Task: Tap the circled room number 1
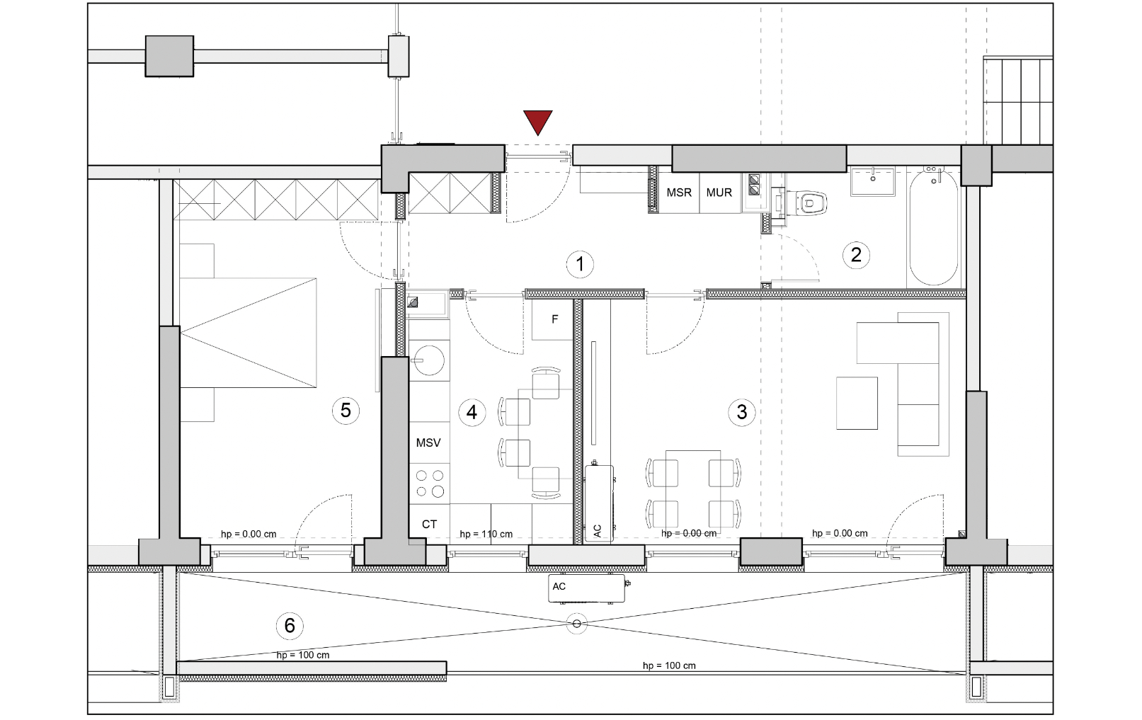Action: pyautogui.click(x=580, y=264)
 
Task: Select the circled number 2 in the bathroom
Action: pyautogui.click(x=856, y=255)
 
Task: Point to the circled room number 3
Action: pyautogui.click(x=742, y=412)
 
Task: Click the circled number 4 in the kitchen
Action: pyautogui.click(x=472, y=412)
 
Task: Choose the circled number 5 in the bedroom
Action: pyautogui.click(x=346, y=411)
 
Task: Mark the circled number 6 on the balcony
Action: pyautogui.click(x=290, y=626)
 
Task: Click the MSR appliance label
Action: pyautogui.click(x=679, y=193)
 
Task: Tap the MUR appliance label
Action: pyautogui.click(x=719, y=193)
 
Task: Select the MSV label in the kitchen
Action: pyautogui.click(x=428, y=442)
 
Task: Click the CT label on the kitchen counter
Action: pyautogui.click(x=429, y=524)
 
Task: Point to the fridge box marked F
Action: pyautogui.click(x=552, y=320)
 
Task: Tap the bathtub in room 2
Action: pyautogui.click(x=933, y=227)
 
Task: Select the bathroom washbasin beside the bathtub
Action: pyautogui.click(x=873, y=181)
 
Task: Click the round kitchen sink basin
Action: pyautogui.click(x=429, y=360)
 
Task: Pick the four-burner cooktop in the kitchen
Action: pyautogui.click(x=429, y=484)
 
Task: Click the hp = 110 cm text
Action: pyautogui.click(x=486, y=534)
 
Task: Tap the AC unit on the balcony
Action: pyautogui.click(x=586, y=588)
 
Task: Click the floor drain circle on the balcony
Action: pyautogui.click(x=576, y=624)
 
